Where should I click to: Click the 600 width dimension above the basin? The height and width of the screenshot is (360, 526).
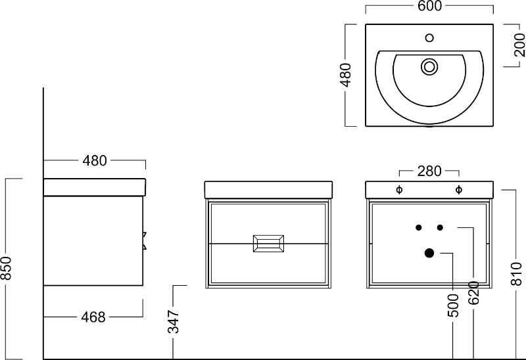pyautogui.click(x=429, y=6)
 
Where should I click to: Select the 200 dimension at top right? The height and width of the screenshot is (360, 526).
pyautogui.click(x=519, y=45)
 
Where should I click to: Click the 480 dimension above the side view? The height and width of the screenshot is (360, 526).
pyautogui.click(x=95, y=161)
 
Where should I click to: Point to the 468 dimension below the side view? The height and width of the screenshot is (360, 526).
pyautogui.click(x=93, y=317)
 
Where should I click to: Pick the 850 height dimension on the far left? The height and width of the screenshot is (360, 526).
pyautogui.click(x=6, y=268)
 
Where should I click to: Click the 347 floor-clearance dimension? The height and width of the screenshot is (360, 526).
pyautogui.click(x=174, y=322)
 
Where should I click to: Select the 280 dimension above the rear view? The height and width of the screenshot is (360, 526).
pyautogui.click(x=429, y=171)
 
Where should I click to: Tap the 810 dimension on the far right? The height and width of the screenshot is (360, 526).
pyautogui.click(x=517, y=274)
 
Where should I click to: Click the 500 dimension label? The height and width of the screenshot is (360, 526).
pyautogui.click(x=453, y=305)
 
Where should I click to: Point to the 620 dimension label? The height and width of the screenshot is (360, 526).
pyautogui.click(x=473, y=292)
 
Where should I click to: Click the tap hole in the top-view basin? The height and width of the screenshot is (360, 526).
pyautogui.click(x=429, y=38)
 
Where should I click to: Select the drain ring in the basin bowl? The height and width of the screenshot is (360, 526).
pyautogui.click(x=429, y=67)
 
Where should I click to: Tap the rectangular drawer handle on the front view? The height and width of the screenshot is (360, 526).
pyautogui.click(x=268, y=244)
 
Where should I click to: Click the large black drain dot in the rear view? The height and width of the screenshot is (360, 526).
pyautogui.click(x=429, y=253)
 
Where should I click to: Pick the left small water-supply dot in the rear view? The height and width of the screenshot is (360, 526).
pyautogui.click(x=419, y=227)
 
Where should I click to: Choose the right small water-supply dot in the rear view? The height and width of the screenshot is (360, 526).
pyautogui.click(x=440, y=227)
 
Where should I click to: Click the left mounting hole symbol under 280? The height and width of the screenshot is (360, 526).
pyautogui.click(x=399, y=190)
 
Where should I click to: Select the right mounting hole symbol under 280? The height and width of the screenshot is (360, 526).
pyautogui.click(x=458, y=190)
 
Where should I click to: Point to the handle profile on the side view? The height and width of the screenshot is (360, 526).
pyautogui.click(x=145, y=240)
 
